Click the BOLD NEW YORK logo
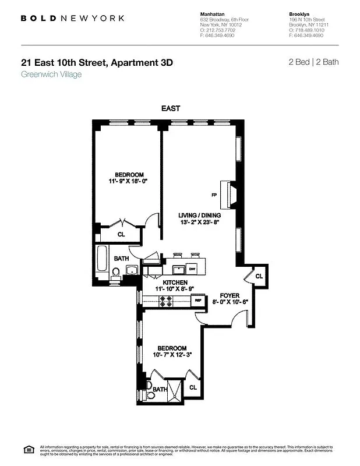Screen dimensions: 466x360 pyautogui.click(x=72, y=18)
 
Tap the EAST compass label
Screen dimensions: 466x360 pyautogui.click(x=171, y=108)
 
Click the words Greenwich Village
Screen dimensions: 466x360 pyautogui.click(x=51, y=75)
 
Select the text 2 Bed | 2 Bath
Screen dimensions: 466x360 pyautogui.click(x=313, y=62)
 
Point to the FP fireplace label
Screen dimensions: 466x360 pyautogui.click(x=214, y=195)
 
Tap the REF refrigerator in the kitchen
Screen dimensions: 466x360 pyautogui.click(x=199, y=301)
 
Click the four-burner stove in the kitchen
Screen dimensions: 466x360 pyautogui.click(x=165, y=301)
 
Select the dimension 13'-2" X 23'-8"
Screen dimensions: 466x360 pyautogui.click(x=199, y=222)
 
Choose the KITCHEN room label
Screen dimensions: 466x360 pyautogui.click(x=171, y=282)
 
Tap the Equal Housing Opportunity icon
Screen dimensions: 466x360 pyautogui.click(x=27, y=449)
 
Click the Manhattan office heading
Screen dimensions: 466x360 pyautogui.click(x=213, y=13)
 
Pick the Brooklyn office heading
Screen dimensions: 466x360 pyautogui.click(x=299, y=13)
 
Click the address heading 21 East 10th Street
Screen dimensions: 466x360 pyautogui.click(x=97, y=63)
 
